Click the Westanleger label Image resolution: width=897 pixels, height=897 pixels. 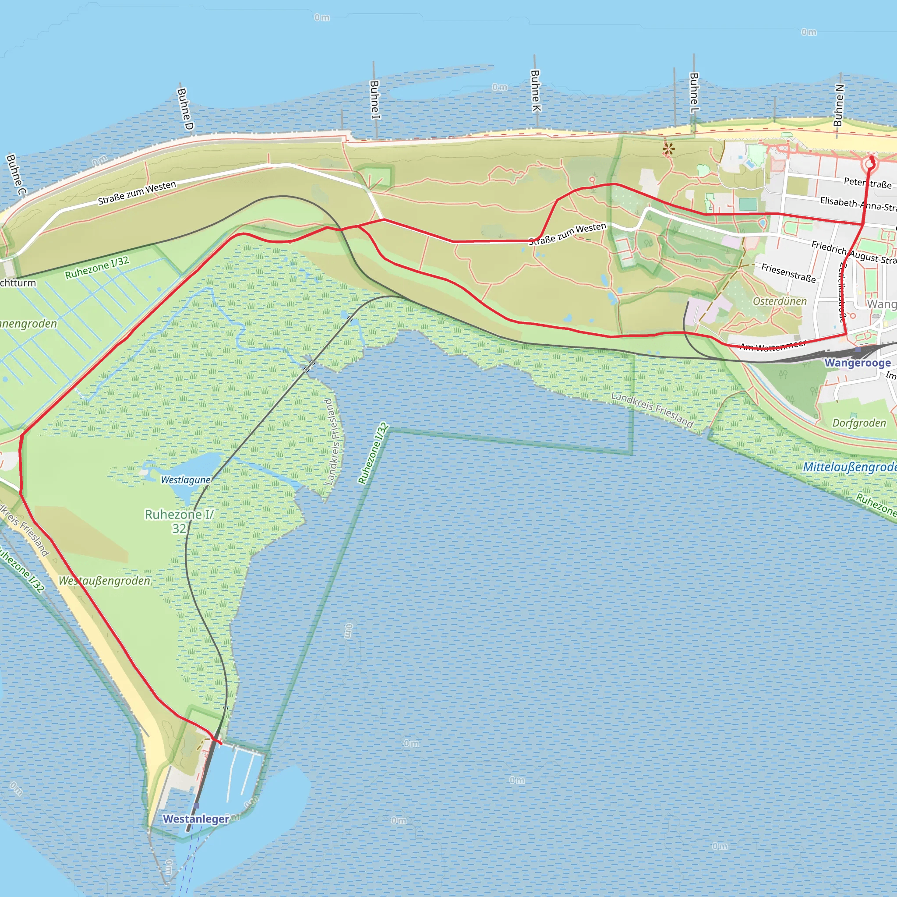pos(195,819)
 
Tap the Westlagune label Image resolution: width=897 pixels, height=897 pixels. pos(186,480)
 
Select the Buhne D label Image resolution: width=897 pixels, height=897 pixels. pos(185,109)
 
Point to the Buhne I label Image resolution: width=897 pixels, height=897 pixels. pos(374,100)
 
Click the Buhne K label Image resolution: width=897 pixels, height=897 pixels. pos(536,91)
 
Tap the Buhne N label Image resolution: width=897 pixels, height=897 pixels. pos(838,105)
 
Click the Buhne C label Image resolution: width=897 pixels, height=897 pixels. pos(16,175)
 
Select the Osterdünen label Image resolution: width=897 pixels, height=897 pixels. pos(780,301)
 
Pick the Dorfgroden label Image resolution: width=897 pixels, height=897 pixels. pos(859,423)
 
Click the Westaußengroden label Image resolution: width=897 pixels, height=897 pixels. pos(105,581)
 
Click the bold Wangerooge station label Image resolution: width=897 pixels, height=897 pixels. pos(858,363)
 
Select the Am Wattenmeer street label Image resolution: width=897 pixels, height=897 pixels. pos(773,346)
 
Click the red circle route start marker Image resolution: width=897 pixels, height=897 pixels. pos(869,164)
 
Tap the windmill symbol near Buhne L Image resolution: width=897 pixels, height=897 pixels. pos(668,149)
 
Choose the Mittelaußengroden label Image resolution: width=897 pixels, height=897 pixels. pos(850,466)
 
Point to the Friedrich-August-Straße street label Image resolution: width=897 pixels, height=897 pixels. pos(853,253)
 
